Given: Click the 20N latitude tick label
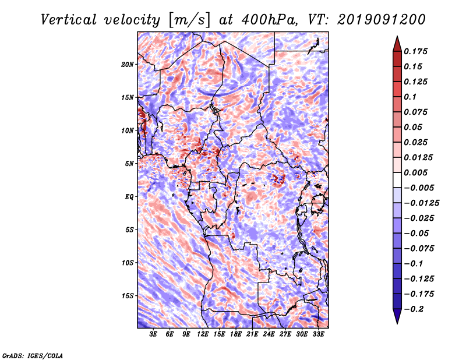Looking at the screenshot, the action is point(128,65).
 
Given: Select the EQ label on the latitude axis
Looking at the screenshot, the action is point(129,197).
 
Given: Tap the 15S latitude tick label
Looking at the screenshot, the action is point(128,296).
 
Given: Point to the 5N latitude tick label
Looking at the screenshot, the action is point(129,164).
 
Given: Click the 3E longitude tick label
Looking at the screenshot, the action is point(153,334).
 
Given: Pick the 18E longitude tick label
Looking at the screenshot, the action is point(236,334).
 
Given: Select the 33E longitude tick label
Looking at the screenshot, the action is point(318,334).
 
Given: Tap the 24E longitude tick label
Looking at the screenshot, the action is point(269,334).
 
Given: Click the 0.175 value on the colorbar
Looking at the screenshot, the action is point(415,51).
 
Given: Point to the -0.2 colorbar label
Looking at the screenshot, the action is point(414,309).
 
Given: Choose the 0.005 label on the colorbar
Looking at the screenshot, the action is point(415,172).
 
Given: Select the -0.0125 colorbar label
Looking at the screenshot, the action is point(421,203).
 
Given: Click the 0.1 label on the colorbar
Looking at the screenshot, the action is point(410,97).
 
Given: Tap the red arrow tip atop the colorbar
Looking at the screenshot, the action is point(397,37).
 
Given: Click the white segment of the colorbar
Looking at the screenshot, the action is point(397,180).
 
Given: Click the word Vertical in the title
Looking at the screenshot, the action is point(69,20).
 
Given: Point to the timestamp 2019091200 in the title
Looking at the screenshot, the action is point(382,20).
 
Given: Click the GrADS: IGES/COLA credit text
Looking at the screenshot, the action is point(33,356).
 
